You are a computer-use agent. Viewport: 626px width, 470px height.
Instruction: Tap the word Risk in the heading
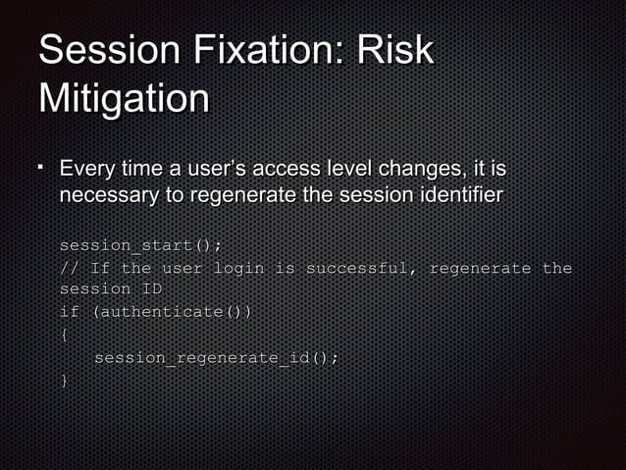(393, 50)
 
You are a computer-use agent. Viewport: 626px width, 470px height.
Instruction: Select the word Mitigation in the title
(124, 99)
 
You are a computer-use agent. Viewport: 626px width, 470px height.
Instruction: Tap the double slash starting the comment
(69, 268)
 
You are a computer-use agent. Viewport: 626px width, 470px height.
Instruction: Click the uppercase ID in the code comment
(150, 289)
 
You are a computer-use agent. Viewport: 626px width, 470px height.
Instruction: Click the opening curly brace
(64, 335)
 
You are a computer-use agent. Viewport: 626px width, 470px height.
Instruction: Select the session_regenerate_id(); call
(217, 358)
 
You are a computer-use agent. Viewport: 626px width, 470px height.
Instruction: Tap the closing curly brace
(64, 381)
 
